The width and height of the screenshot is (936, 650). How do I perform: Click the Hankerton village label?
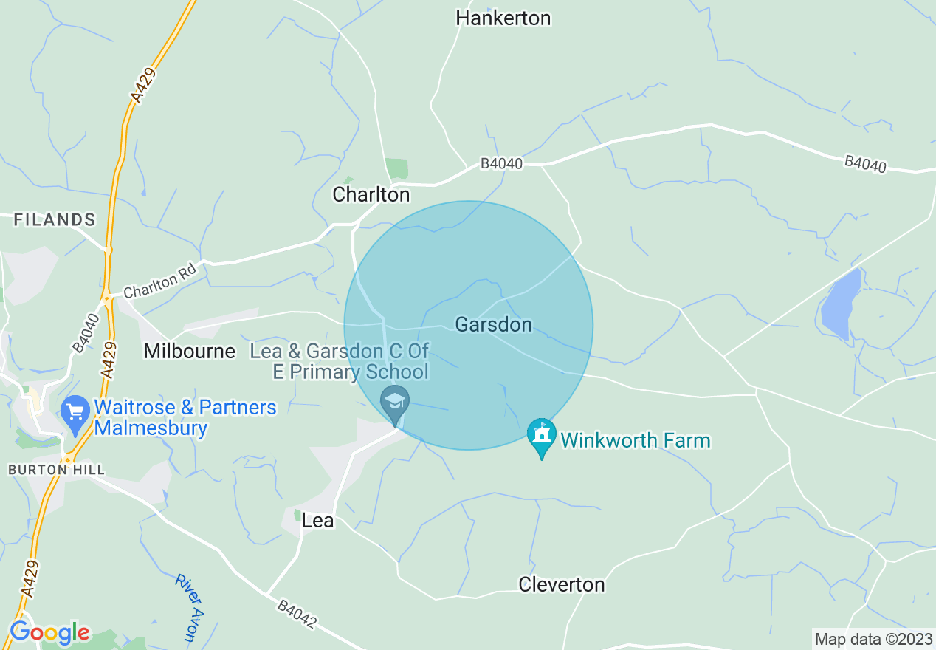[503, 18]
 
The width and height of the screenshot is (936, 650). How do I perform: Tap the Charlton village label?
[371, 194]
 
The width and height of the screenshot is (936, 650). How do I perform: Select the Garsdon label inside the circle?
[493, 324]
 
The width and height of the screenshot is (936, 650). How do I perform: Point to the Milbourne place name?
[189, 351]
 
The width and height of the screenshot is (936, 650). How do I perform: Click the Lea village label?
[317, 521]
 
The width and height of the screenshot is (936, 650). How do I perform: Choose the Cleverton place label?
[561, 584]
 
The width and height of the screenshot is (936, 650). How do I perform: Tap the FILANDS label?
[55, 219]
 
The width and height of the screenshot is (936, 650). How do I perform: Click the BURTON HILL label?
[56, 470]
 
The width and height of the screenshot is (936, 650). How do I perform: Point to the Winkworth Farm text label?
[635, 441]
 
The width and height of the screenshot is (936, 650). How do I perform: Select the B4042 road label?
[297, 615]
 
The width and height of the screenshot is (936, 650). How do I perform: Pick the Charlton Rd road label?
[160, 281]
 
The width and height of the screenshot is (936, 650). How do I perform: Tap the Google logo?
[49, 632]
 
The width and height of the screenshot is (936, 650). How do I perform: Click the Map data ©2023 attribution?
[873, 639]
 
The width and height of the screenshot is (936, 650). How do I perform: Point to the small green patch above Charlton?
[396, 168]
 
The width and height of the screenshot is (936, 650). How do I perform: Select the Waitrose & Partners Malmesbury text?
[185, 417]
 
